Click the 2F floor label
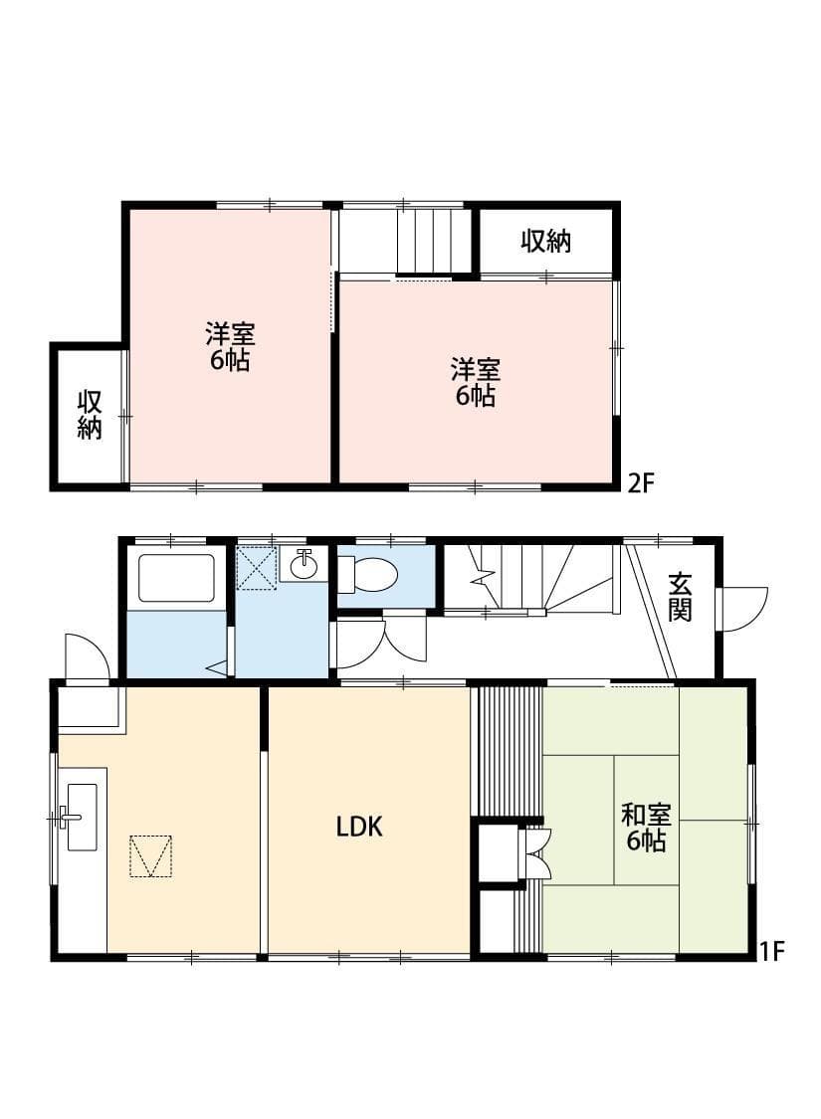click(x=640, y=484)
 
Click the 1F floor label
click(x=772, y=951)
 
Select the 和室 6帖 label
click(x=646, y=828)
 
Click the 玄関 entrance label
click(x=680, y=597)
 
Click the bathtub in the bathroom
click(x=176, y=577)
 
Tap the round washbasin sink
click(x=305, y=565)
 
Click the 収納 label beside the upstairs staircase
click(x=546, y=241)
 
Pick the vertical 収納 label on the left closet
click(x=91, y=415)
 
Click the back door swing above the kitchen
click(x=85, y=656)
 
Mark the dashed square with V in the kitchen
click(x=151, y=856)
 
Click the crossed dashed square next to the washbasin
click(x=256, y=567)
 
